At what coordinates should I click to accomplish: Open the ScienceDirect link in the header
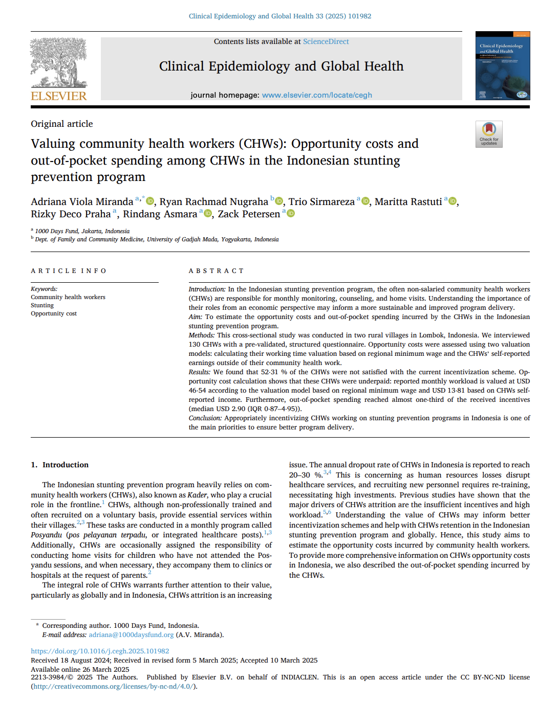point(326,41)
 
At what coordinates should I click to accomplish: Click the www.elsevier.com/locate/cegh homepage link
point(316,95)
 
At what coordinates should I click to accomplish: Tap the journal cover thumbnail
point(502,65)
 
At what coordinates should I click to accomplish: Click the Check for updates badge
point(488,134)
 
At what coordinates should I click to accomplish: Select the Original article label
point(62,124)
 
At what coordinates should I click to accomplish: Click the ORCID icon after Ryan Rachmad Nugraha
point(279,201)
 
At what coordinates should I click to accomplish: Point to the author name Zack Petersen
point(249,214)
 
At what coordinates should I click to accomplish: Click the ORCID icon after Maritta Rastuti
point(452,201)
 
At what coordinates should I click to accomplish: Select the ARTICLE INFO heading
point(69,271)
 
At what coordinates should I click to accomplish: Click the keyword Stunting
point(42,305)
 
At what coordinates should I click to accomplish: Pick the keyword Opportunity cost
point(54,313)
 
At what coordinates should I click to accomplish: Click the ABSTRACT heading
point(216,271)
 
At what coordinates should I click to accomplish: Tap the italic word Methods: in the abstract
point(202,335)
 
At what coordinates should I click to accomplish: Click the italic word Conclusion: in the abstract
point(205,418)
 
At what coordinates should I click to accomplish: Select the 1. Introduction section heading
point(60,465)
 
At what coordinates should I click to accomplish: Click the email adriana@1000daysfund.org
point(131,635)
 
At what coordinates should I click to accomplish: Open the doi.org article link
point(100,651)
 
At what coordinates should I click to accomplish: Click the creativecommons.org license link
point(114,687)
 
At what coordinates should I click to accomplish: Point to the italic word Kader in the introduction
point(197,495)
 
